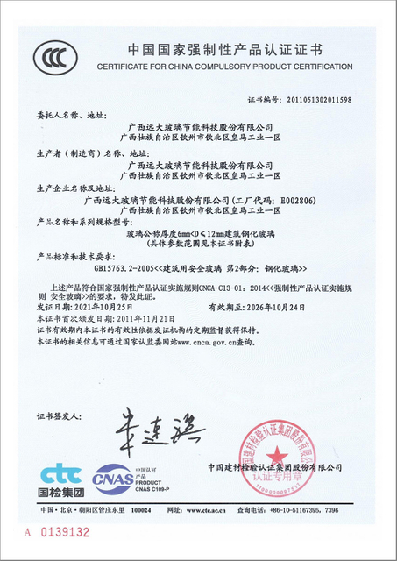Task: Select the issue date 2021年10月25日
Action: click(102, 309)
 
